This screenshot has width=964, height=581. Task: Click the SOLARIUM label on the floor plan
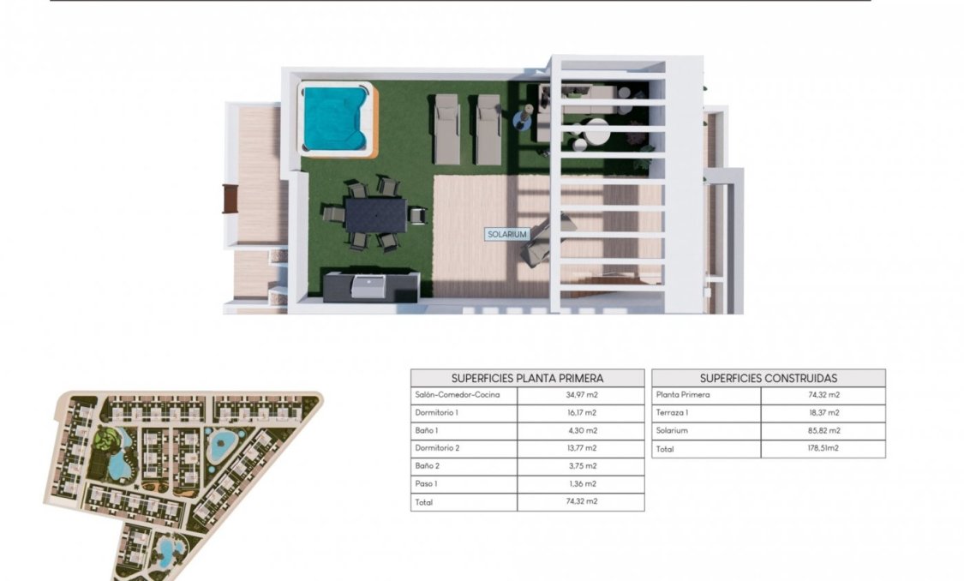tap(506, 234)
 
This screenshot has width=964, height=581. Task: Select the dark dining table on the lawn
tap(375, 214)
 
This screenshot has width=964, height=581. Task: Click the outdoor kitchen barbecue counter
tap(371, 285)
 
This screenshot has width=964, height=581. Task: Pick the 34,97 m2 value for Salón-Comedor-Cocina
tap(580, 395)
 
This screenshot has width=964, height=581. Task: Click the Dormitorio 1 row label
tap(436, 413)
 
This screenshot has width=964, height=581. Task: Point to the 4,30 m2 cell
tap(580, 431)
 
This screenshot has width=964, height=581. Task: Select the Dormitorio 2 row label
tap(437, 448)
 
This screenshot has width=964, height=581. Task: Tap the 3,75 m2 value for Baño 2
tap(580, 466)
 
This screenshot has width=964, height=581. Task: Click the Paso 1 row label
tap(426, 484)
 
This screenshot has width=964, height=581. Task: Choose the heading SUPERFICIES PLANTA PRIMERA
tap(527, 378)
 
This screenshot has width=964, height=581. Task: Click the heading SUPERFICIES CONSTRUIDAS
tap(768, 378)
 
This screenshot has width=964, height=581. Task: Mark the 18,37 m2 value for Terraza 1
tap(823, 413)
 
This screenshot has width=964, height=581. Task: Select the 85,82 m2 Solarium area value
tap(823, 431)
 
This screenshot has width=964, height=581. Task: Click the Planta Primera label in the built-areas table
tap(683, 395)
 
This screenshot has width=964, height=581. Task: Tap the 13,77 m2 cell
tap(580, 448)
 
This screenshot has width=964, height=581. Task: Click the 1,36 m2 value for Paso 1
tap(580, 484)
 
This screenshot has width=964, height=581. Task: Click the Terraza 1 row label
tap(673, 413)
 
